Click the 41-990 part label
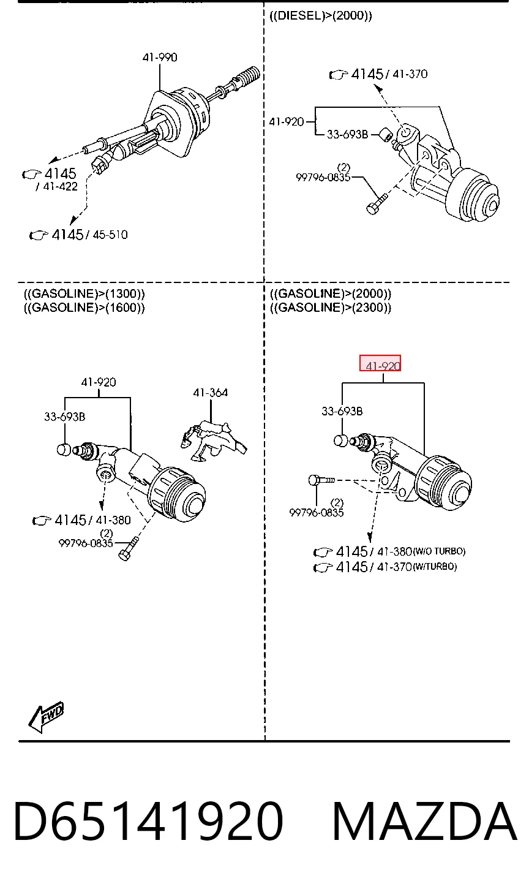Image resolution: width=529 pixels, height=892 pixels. pos(160,58)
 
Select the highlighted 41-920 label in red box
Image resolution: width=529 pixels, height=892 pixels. pos(380,363)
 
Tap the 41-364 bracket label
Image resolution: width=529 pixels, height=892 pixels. pos(210,393)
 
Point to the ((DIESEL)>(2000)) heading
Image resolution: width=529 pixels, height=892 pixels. pos(321,16)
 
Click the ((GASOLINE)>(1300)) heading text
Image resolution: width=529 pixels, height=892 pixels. pos(84,294)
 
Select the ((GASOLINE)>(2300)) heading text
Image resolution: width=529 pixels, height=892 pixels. pos(331,308)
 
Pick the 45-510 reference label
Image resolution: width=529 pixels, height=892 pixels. pos(110,235)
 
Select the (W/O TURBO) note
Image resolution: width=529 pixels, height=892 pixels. pos(439,551)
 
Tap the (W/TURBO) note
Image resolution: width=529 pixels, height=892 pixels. pos(435,566)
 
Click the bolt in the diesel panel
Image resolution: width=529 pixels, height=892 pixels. pos(376,203)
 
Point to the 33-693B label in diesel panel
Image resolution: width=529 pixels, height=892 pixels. pos(347,135)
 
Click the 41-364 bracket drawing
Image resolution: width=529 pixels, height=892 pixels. pos(213,441)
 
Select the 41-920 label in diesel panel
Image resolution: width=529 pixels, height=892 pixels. pos(286,121)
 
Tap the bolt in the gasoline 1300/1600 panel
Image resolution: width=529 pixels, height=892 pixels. pos(129,549)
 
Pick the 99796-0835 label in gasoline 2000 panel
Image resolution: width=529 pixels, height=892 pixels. pos(316,513)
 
